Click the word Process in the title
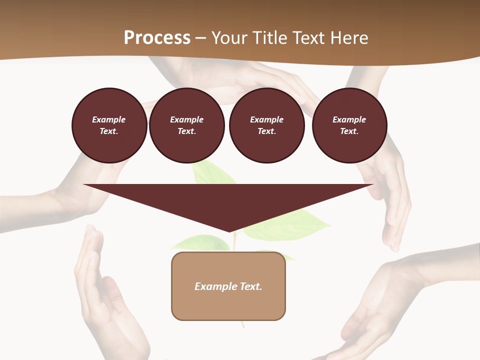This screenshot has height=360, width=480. click(x=157, y=38)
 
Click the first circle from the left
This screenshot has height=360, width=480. click(x=109, y=125)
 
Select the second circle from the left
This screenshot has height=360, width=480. click(x=187, y=125)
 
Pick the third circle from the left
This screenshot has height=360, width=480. click(x=267, y=125)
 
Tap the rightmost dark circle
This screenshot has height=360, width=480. click(x=349, y=125)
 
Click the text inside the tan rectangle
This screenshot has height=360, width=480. click(x=228, y=286)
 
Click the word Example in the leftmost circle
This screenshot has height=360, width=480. click(x=109, y=119)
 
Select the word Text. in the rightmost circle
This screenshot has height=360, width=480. click(x=349, y=131)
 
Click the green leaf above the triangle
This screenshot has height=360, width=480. click(x=212, y=173)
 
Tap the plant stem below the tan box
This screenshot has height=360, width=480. click(x=243, y=324)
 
